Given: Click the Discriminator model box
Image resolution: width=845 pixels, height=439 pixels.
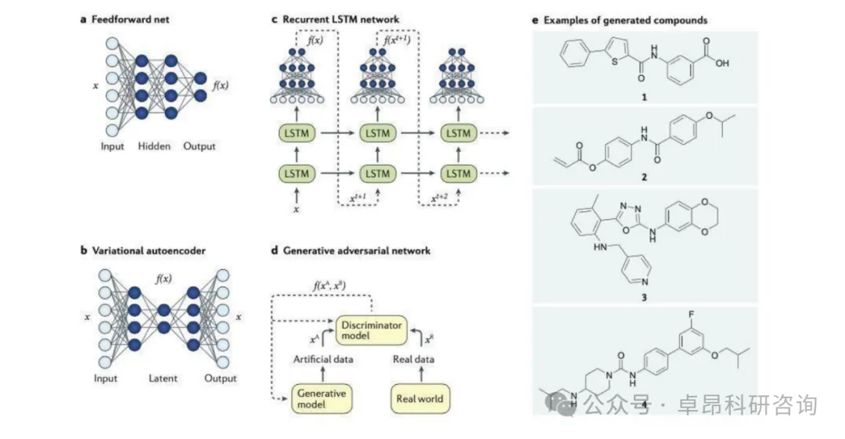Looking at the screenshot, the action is click(372, 330).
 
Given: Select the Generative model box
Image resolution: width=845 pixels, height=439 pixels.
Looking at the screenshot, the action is click(322, 398).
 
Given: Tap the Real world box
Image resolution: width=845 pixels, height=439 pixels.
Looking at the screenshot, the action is click(420, 398).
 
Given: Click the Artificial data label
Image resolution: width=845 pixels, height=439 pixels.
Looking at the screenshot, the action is click(323, 359).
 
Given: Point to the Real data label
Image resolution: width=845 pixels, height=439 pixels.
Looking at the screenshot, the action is click(413, 359).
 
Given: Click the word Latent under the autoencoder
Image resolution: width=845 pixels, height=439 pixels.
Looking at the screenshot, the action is click(163, 379).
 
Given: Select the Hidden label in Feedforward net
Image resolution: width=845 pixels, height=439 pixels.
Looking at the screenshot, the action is click(154, 146).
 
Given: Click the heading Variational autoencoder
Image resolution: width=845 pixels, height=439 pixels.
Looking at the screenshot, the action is click(149, 250).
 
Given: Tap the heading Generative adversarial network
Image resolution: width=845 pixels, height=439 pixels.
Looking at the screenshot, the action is click(357, 250).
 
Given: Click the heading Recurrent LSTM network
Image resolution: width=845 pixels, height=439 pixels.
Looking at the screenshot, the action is click(340, 20).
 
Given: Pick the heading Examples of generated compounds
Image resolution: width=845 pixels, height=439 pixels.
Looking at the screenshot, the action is click(625, 20).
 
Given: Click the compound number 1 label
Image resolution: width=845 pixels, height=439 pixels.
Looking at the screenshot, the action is click(644, 97).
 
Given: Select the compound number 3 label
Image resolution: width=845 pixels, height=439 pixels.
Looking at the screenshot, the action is click(644, 297).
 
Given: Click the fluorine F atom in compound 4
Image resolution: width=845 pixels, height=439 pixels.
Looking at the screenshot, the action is click(692, 315).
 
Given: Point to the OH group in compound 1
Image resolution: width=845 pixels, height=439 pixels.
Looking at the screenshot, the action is click(722, 63).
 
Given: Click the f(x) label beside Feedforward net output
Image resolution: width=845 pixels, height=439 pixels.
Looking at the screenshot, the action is click(221, 85).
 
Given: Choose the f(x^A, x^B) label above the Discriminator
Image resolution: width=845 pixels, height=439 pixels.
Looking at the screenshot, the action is click(329, 286).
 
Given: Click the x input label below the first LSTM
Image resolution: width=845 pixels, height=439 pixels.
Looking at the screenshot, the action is click(296, 209).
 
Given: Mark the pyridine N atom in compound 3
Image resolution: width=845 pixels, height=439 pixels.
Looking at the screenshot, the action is click(645, 282).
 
